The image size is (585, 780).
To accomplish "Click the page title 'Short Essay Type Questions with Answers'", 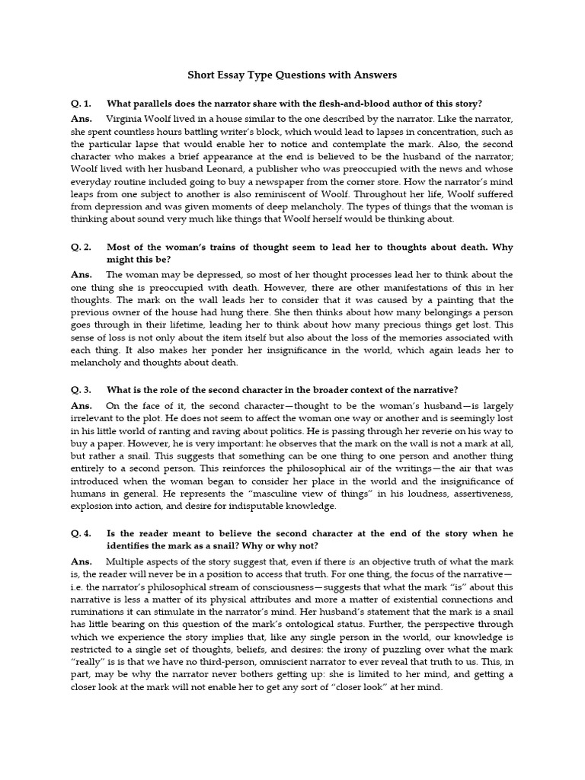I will tap(292, 75).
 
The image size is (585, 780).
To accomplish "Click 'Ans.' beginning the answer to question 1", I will tap(80, 119).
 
